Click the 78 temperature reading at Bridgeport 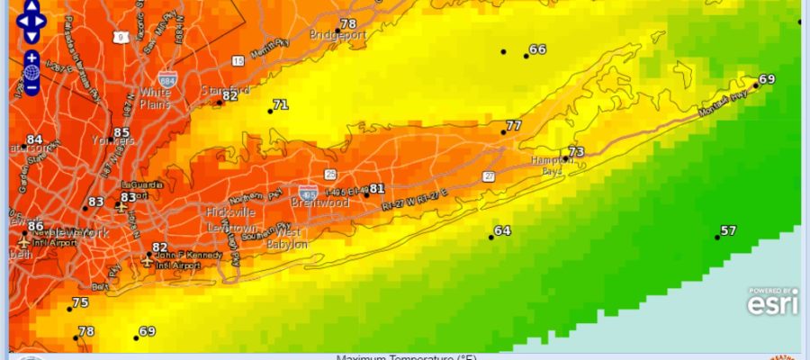pyautogui.click(x=347, y=23)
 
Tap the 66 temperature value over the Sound pyautogui.click(x=537, y=49)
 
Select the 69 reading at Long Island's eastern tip pyautogui.click(x=767, y=79)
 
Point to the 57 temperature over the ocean pyautogui.click(x=728, y=231)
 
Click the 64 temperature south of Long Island pyautogui.click(x=502, y=231)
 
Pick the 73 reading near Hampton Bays pyautogui.click(x=576, y=152)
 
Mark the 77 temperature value pyautogui.click(x=514, y=126)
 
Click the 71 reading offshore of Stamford pyautogui.click(x=281, y=105)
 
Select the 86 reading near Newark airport pyautogui.click(x=35, y=227)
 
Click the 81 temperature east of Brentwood pyautogui.click(x=377, y=189)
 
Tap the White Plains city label pyautogui.click(x=155, y=97)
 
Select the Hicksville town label pyautogui.click(x=231, y=212)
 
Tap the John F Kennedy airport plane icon pyautogui.click(x=148, y=261)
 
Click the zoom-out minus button pyautogui.click(x=31, y=87)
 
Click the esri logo pyautogui.click(x=772, y=303)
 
